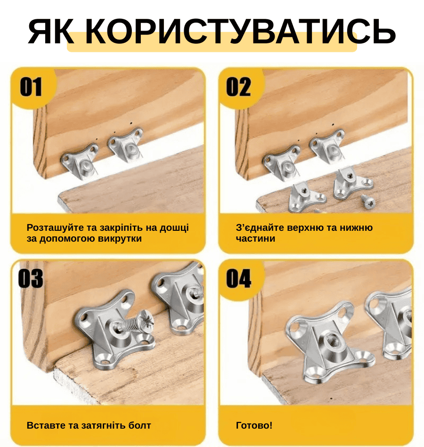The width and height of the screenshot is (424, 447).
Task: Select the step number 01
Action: click(31, 87)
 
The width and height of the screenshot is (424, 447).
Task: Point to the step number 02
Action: click(239, 87)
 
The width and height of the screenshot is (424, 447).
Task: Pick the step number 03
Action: click(31, 278)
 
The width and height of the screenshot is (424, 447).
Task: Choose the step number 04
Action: click(239, 278)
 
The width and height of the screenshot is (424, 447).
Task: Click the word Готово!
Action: click(254, 425)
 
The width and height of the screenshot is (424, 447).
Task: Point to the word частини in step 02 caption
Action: click(255, 238)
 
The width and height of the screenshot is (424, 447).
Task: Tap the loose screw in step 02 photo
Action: click(368, 200)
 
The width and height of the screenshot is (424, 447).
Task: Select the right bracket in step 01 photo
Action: click(126, 144)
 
